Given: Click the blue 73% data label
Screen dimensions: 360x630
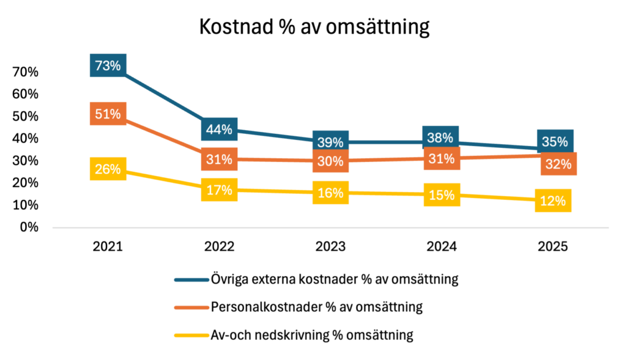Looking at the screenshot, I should coord(108,65).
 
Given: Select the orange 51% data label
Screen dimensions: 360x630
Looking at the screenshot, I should coord(108,114).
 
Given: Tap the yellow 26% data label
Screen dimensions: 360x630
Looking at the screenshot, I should coord(108,169).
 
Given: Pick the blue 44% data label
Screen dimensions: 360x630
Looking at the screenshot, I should coord(219,130).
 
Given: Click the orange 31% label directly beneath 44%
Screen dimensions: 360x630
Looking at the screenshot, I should coord(219,160).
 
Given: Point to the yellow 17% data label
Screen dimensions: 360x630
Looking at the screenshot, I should coord(219,190).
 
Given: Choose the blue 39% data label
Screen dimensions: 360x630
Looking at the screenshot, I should coord(330,142).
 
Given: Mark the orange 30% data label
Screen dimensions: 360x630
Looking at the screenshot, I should coord(330,161).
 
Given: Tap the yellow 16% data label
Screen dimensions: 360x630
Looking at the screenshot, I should coord(330,193).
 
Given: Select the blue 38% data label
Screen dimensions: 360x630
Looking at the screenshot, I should coord(440,138).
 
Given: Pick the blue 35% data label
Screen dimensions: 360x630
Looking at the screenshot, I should coord(555,142).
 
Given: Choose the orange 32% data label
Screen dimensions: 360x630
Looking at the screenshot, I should coord(558,164).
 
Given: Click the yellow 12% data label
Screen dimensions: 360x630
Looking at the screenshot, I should coord(553,201).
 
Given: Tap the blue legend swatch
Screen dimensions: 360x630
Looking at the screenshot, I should coord(191,280).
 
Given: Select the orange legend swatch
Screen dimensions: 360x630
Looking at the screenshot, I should coord(191,307).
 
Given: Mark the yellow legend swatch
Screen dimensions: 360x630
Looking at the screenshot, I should coord(191,335).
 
